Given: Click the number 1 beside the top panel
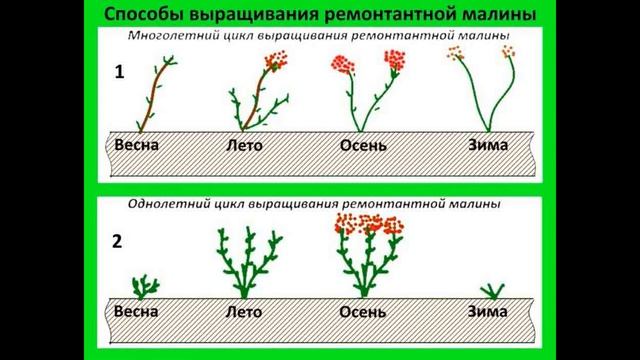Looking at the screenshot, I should [x=119, y=74].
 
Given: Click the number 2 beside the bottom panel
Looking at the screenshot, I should [x=119, y=241].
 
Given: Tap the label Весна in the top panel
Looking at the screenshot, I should [x=137, y=144].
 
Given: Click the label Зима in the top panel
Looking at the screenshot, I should [x=488, y=144].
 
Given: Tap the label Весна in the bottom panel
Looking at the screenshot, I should [x=137, y=311].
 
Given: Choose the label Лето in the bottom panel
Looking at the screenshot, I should [x=243, y=311].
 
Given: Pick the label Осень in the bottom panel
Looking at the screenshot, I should [x=361, y=312].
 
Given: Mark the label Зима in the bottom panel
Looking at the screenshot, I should [x=488, y=311].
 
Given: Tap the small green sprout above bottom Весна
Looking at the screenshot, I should [x=145, y=287].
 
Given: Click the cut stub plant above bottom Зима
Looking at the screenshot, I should [x=490, y=291].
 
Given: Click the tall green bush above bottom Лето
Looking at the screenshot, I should [x=245, y=262].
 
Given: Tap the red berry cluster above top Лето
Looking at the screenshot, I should [x=275, y=61].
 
